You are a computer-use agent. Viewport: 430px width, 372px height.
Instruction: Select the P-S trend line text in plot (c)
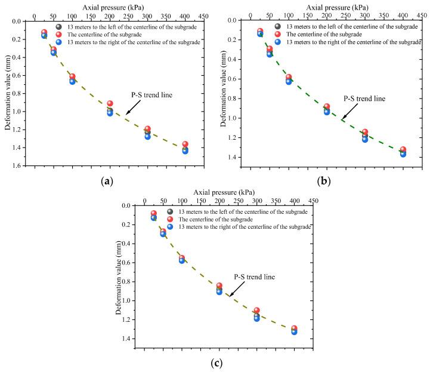(x=255, y=277)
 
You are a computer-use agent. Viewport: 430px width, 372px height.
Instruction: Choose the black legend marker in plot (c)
(x=170, y=211)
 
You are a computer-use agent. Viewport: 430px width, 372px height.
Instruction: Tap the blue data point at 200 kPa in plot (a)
(x=110, y=113)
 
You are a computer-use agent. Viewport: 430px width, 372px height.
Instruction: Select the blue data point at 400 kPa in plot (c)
(x=295, y=331)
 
